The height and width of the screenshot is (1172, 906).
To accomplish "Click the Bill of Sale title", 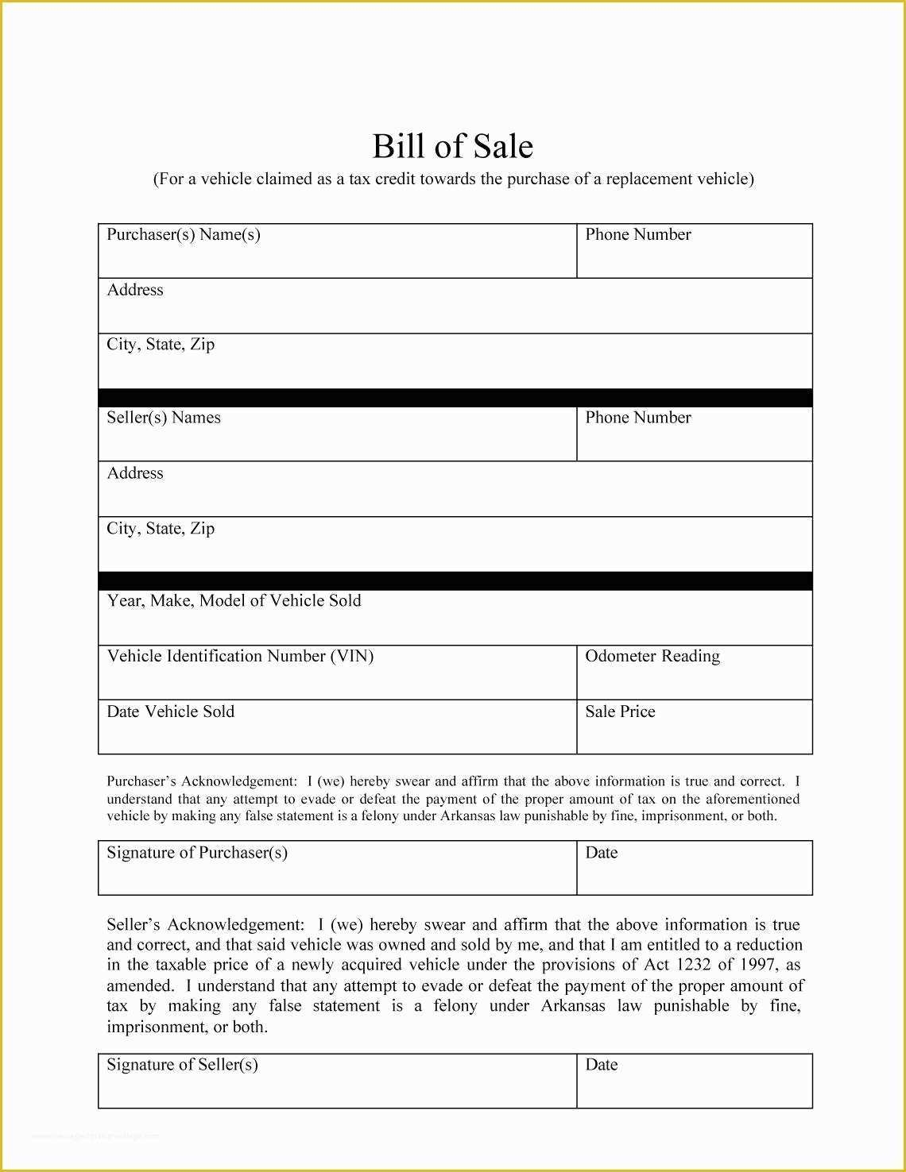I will [452, 146].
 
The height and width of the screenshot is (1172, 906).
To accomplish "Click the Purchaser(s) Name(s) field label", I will [184, 234].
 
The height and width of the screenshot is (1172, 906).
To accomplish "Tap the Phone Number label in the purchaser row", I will [637, 234].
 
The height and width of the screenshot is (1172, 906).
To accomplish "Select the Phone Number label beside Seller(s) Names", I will [637, 418].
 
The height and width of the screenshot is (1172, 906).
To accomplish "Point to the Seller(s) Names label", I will [164, 418].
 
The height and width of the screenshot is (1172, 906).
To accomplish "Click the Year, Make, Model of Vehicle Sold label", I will [234, 600].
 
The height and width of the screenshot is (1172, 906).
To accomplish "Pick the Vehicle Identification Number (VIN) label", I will [240, 656].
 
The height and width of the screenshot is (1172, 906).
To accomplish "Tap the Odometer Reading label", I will [652, 656].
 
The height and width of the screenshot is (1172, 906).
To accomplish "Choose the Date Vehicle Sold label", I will [171, 711].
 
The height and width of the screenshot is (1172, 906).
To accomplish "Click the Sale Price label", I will [620, 711].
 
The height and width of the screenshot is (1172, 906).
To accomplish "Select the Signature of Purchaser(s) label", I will [197, 853].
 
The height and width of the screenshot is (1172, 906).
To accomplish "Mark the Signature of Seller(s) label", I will [182, 1065].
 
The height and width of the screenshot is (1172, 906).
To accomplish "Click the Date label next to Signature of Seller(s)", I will [601, 1065].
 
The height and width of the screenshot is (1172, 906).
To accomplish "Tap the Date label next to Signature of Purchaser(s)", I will [601, 853].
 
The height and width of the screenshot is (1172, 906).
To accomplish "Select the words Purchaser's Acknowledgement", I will [201, 781].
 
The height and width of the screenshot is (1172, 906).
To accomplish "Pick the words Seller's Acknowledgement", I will [204, 925].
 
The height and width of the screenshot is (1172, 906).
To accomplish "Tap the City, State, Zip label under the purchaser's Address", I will [161, 345].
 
